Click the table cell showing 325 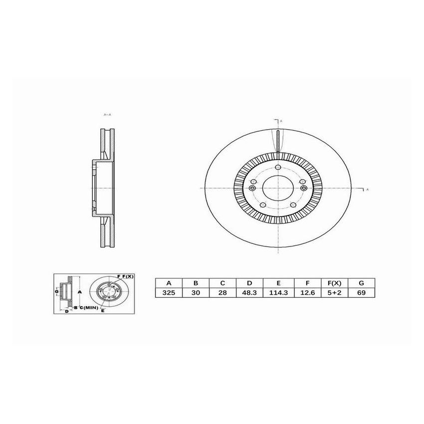tap(169, 293)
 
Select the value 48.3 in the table tap(249, 293)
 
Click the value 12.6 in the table tap(307, 293)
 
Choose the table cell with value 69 tap(361, 293)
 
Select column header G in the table tap(361, 282)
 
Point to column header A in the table tap(169, 282)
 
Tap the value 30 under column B tap(196, 293)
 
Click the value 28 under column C tap(222, 293)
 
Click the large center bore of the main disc tap(277, 188)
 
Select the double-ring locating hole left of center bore tap(252, 188)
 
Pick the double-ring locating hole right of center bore tap(303, 188)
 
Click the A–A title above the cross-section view tap(107, 115)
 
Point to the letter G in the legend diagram tap(57, 291)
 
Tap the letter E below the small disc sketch tap(102, 311)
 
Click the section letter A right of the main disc tap(367, 190)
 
